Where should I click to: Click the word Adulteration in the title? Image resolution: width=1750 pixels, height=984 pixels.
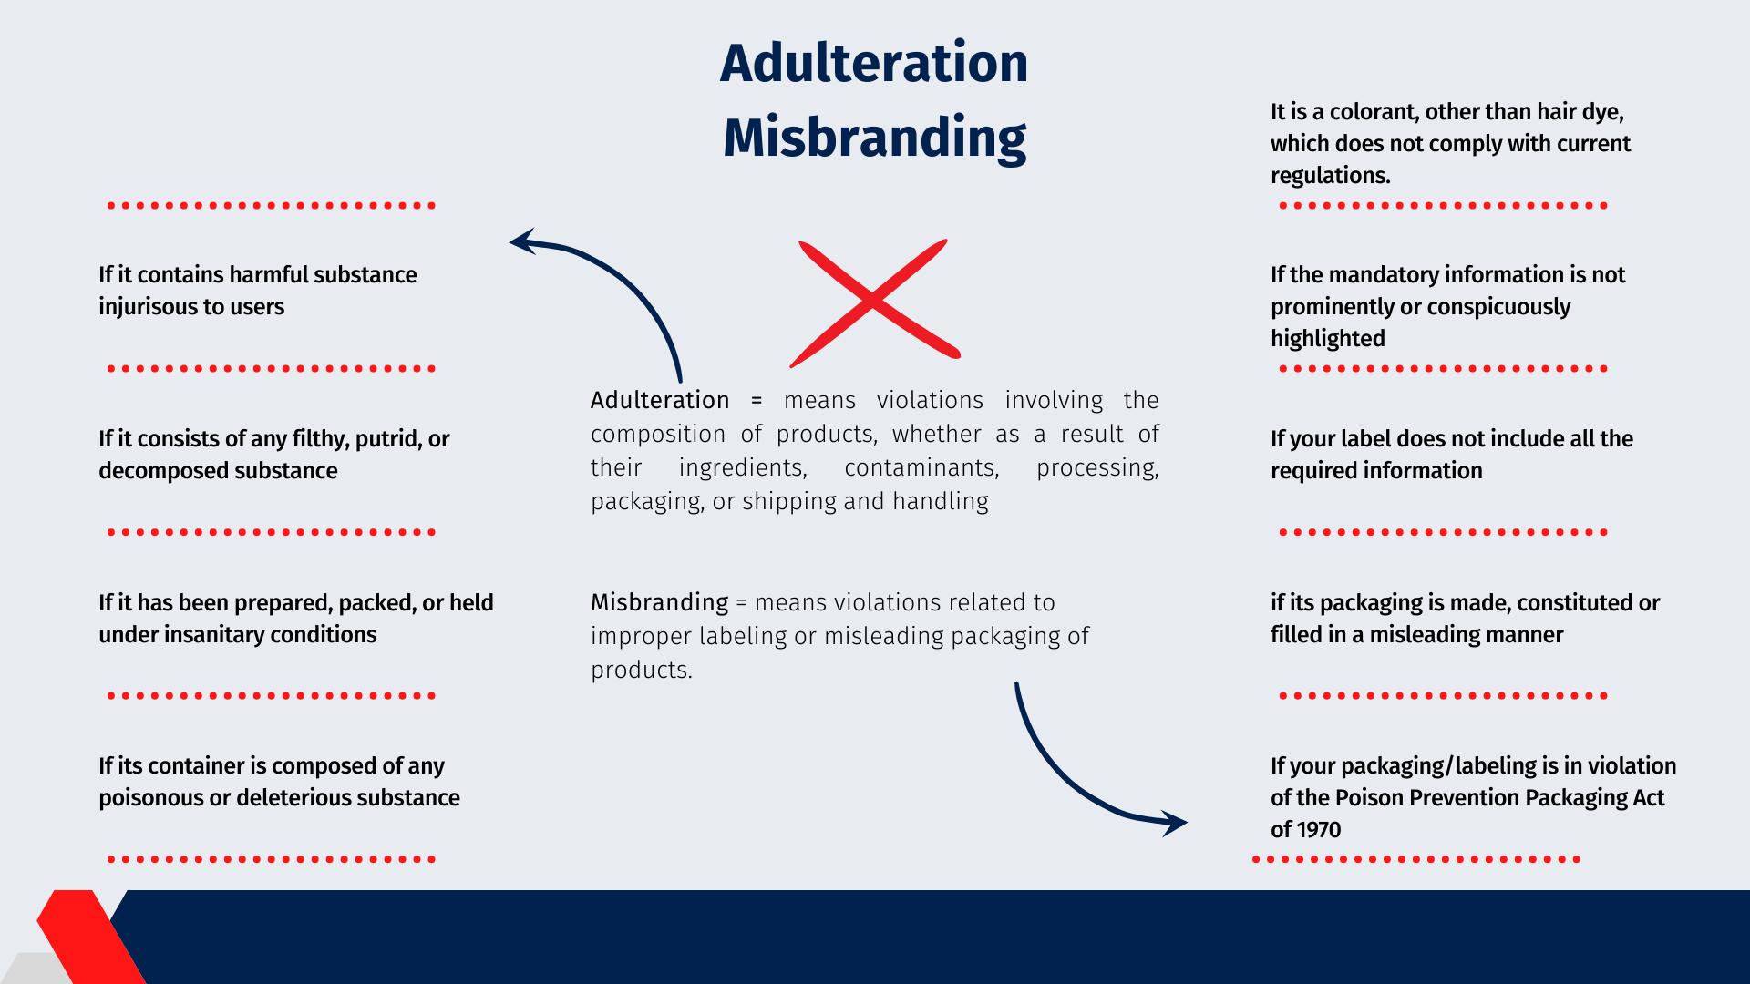874,63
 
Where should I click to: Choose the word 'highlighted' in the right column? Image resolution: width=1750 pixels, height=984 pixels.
1328,339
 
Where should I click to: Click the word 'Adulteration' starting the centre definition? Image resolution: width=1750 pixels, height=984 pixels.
660,400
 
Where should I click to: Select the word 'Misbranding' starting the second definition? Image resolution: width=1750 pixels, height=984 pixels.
660,602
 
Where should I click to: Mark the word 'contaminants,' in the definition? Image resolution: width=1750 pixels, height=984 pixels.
921,468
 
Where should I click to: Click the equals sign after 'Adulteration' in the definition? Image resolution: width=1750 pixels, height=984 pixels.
757,401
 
